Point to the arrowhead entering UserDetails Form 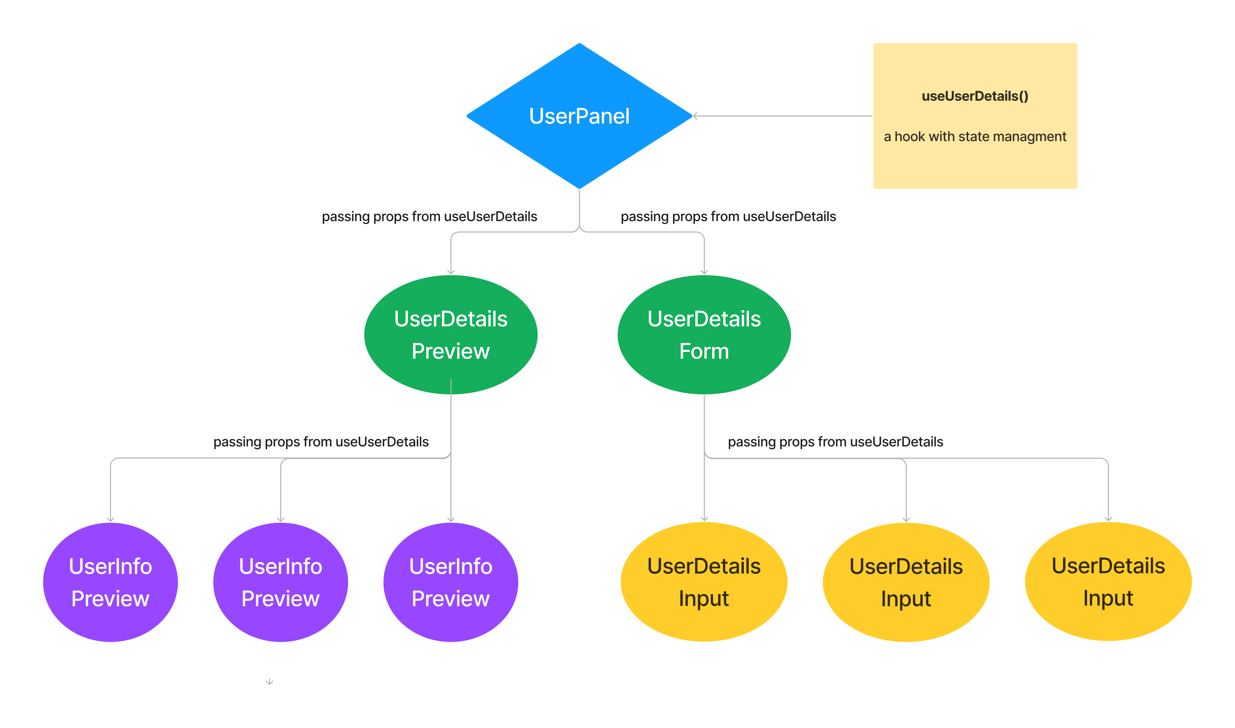tap(704, 272)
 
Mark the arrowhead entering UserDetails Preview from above tap(451, 272)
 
